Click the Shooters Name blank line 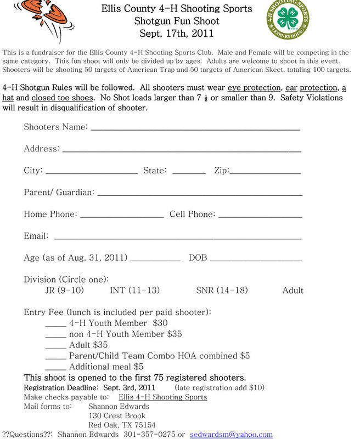195,129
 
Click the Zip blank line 265,172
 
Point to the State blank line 189,172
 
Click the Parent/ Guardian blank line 200,194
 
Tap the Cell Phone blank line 260,216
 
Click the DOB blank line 256,260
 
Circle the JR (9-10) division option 64,290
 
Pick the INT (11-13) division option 135,290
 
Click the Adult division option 292,290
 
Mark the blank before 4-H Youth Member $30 55,325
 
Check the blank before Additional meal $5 55,368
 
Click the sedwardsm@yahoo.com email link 231,434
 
